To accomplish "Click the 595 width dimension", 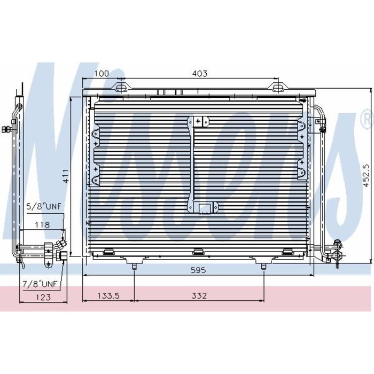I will tap(198, 270).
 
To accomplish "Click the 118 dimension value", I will tap(43, 225).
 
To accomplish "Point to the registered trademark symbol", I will tap(366, 115).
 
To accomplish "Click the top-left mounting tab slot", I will tap(123, 87).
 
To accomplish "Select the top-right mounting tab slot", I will tap(278, 87).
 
